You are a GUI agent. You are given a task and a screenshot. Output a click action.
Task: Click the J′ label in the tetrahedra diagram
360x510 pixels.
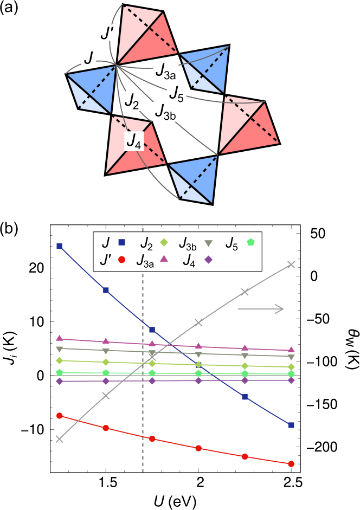point(106,34)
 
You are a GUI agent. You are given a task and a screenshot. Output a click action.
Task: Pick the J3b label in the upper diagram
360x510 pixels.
point(166,111)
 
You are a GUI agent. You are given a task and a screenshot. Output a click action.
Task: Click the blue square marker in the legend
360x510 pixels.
point(122,242)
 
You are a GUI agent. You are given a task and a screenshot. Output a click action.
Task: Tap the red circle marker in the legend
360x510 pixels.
point(122,260)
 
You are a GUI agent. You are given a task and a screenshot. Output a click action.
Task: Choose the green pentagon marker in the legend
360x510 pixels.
point(250,242)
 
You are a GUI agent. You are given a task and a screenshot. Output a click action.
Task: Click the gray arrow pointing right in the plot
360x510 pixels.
point(261,309)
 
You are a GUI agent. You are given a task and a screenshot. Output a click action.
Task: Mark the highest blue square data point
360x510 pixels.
point(60,246)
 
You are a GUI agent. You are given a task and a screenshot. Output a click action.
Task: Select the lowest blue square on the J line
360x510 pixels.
point(291,425)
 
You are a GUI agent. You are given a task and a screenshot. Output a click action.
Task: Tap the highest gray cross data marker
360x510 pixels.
point(291,264)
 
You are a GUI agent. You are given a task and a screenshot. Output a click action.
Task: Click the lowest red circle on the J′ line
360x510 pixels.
point(291,464)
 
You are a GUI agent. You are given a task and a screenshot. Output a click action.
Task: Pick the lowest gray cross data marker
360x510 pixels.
point(60,439)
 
